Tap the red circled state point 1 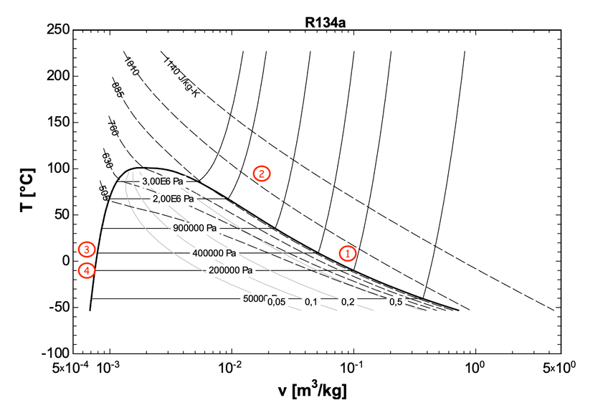tap(348, 253)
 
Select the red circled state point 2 tap(261, 174)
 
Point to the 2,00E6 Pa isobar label tap(174, 198)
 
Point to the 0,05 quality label tap(276, 302)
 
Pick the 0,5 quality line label tap(395, 302)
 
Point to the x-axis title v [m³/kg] tap(314, 392)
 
